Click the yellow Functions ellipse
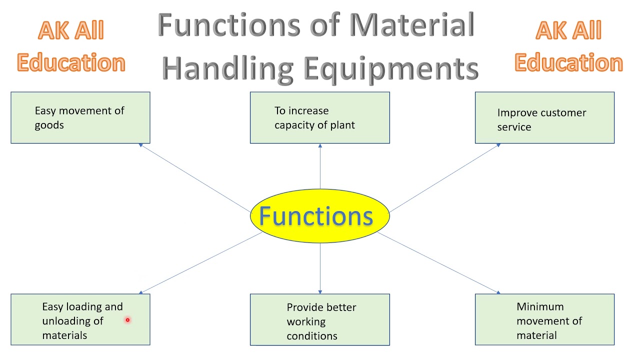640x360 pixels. coord(319,216)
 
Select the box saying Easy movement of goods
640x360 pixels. coord(80,117)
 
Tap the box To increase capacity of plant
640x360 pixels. coord(319,117)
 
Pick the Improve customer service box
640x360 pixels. coord(544,118)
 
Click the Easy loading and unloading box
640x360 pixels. coord(80,320)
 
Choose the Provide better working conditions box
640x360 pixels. coord(319,320)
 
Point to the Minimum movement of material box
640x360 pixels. coord(544,320)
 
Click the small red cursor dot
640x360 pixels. coord(127,320)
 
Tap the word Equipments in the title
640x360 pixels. coord(391,68)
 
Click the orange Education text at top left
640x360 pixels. coord(70,63)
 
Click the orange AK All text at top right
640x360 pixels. coord(568,31)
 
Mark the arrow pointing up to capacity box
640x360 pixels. coord(320,165)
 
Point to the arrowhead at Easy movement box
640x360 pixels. coord(141,145)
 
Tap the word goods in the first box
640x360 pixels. coord(49,125)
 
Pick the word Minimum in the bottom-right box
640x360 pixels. coord(539,306)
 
